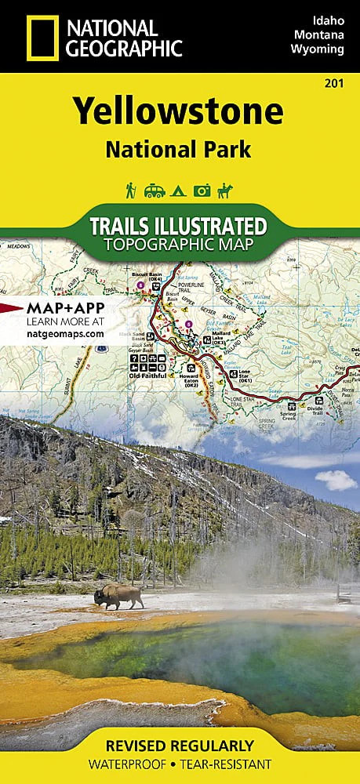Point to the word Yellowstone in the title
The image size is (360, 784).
pyautogui.click(x=179, y=112)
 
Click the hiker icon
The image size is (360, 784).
pyautogui.click(x=130, y=191)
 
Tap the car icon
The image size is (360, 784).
pyautogui.click(x=154, y=191)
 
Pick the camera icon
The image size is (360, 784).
pyautogui.click(x=202, y=191)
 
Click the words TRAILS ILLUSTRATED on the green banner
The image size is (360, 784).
pyautogui.click(x=178, y=226)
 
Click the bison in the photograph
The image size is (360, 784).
pyautogui.click(x=119, y=597)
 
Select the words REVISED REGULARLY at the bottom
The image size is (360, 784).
pyautogui.click(x=180, y=745)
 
